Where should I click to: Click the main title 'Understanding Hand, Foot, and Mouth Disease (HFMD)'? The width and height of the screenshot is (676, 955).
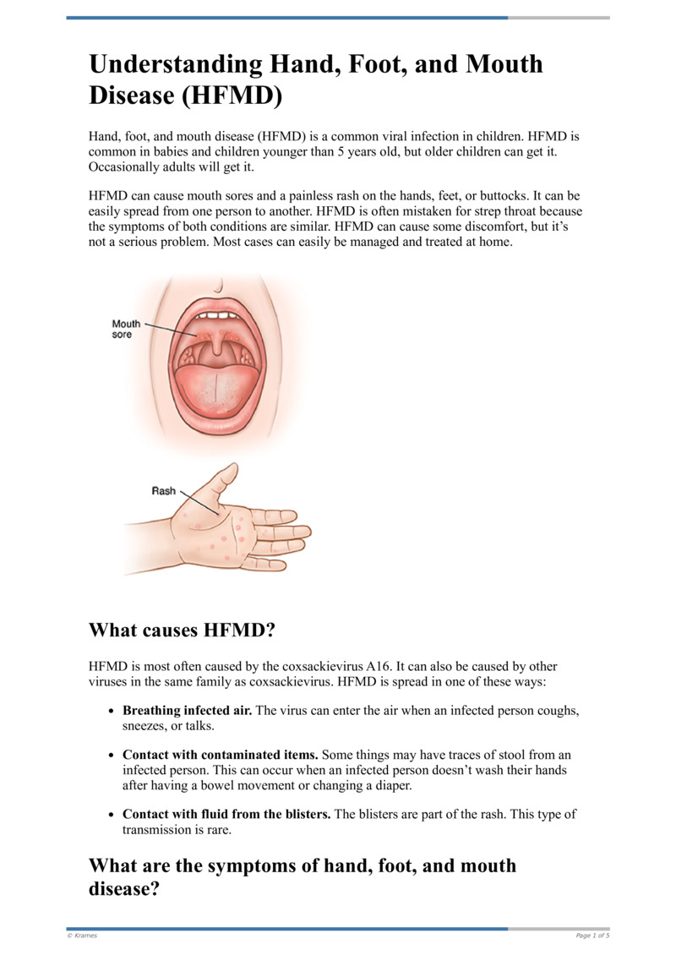316,79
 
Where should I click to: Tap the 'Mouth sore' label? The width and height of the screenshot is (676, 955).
127,329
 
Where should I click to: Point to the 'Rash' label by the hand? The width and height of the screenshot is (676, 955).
163,490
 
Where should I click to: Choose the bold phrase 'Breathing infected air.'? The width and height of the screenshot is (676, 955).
187,711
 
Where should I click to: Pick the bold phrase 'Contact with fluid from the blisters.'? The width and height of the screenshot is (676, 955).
227,814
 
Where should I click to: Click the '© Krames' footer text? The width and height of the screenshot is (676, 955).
83,936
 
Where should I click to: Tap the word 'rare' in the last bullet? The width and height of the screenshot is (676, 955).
215,829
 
